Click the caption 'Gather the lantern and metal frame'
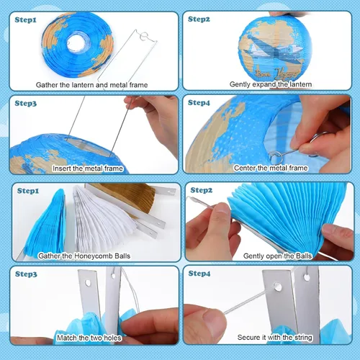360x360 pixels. point(91,85)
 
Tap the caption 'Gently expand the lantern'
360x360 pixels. point(271,84)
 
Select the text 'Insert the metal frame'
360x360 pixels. point(88,168)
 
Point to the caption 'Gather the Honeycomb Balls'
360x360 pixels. point(84,256)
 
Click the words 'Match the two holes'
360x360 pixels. point(89,338)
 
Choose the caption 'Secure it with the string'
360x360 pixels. point(275,338)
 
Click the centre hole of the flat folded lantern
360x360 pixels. point(76,42)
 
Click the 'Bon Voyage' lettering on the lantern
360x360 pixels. point(277,73)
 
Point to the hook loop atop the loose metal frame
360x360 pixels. point(145,37)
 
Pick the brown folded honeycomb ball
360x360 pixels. point(125,197)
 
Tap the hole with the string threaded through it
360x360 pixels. point(278,287)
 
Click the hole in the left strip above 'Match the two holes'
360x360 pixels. point(88,283)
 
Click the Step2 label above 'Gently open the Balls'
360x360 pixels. point(202,190)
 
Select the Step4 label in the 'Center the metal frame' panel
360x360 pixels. point(199,103)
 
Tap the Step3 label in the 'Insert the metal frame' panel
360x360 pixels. point(26,104)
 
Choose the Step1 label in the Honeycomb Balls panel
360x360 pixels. point(28,191)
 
